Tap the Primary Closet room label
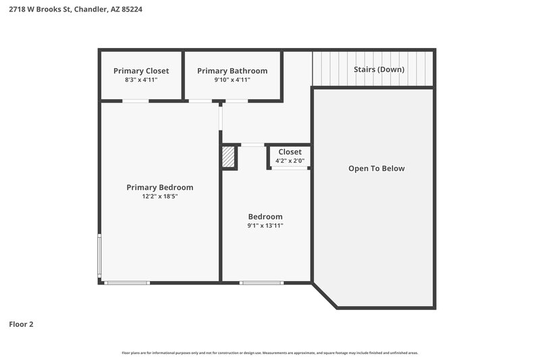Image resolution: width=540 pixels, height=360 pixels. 141,71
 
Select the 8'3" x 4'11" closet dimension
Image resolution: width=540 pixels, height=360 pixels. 141,80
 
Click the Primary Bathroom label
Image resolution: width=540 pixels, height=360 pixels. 232,71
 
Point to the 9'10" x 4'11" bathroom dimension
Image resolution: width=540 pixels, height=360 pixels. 232,80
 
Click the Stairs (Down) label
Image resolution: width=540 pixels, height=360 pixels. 379,70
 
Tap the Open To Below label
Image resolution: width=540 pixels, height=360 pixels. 376,168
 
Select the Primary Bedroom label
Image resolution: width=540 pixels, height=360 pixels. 160,188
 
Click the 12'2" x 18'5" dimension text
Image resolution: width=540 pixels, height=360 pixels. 160,197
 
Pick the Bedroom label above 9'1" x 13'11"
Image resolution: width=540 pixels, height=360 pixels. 265,217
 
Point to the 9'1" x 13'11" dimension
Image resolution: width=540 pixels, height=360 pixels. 265,226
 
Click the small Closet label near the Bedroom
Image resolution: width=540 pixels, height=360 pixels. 290,152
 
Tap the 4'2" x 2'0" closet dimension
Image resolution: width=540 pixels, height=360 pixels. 290,161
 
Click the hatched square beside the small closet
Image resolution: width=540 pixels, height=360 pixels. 230,157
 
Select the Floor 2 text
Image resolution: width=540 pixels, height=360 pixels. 21,324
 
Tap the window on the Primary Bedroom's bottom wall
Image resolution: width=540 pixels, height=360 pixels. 128,282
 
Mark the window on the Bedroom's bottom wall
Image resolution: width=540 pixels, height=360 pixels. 263,282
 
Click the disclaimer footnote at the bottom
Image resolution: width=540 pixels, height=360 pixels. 269,353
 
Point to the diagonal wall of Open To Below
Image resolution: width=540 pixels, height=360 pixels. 325,296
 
